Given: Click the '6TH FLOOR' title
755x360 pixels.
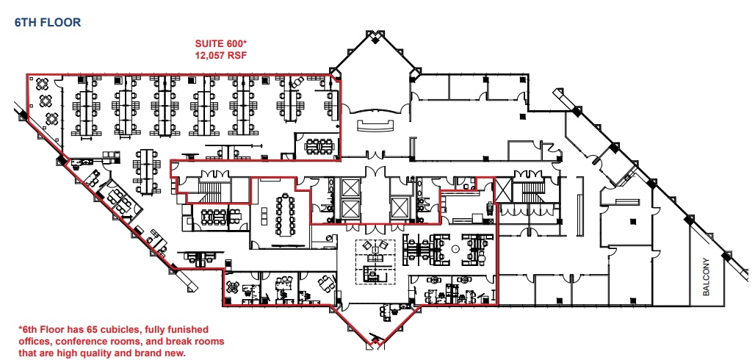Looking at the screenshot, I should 48,23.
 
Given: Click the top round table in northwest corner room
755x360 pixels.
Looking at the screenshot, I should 42,84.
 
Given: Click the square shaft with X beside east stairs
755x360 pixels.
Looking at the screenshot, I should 503,189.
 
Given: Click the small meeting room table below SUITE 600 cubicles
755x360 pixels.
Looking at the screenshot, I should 318,145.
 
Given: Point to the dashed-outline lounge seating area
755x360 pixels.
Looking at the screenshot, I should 375,261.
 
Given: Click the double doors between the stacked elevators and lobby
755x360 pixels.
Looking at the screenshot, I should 375,173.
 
